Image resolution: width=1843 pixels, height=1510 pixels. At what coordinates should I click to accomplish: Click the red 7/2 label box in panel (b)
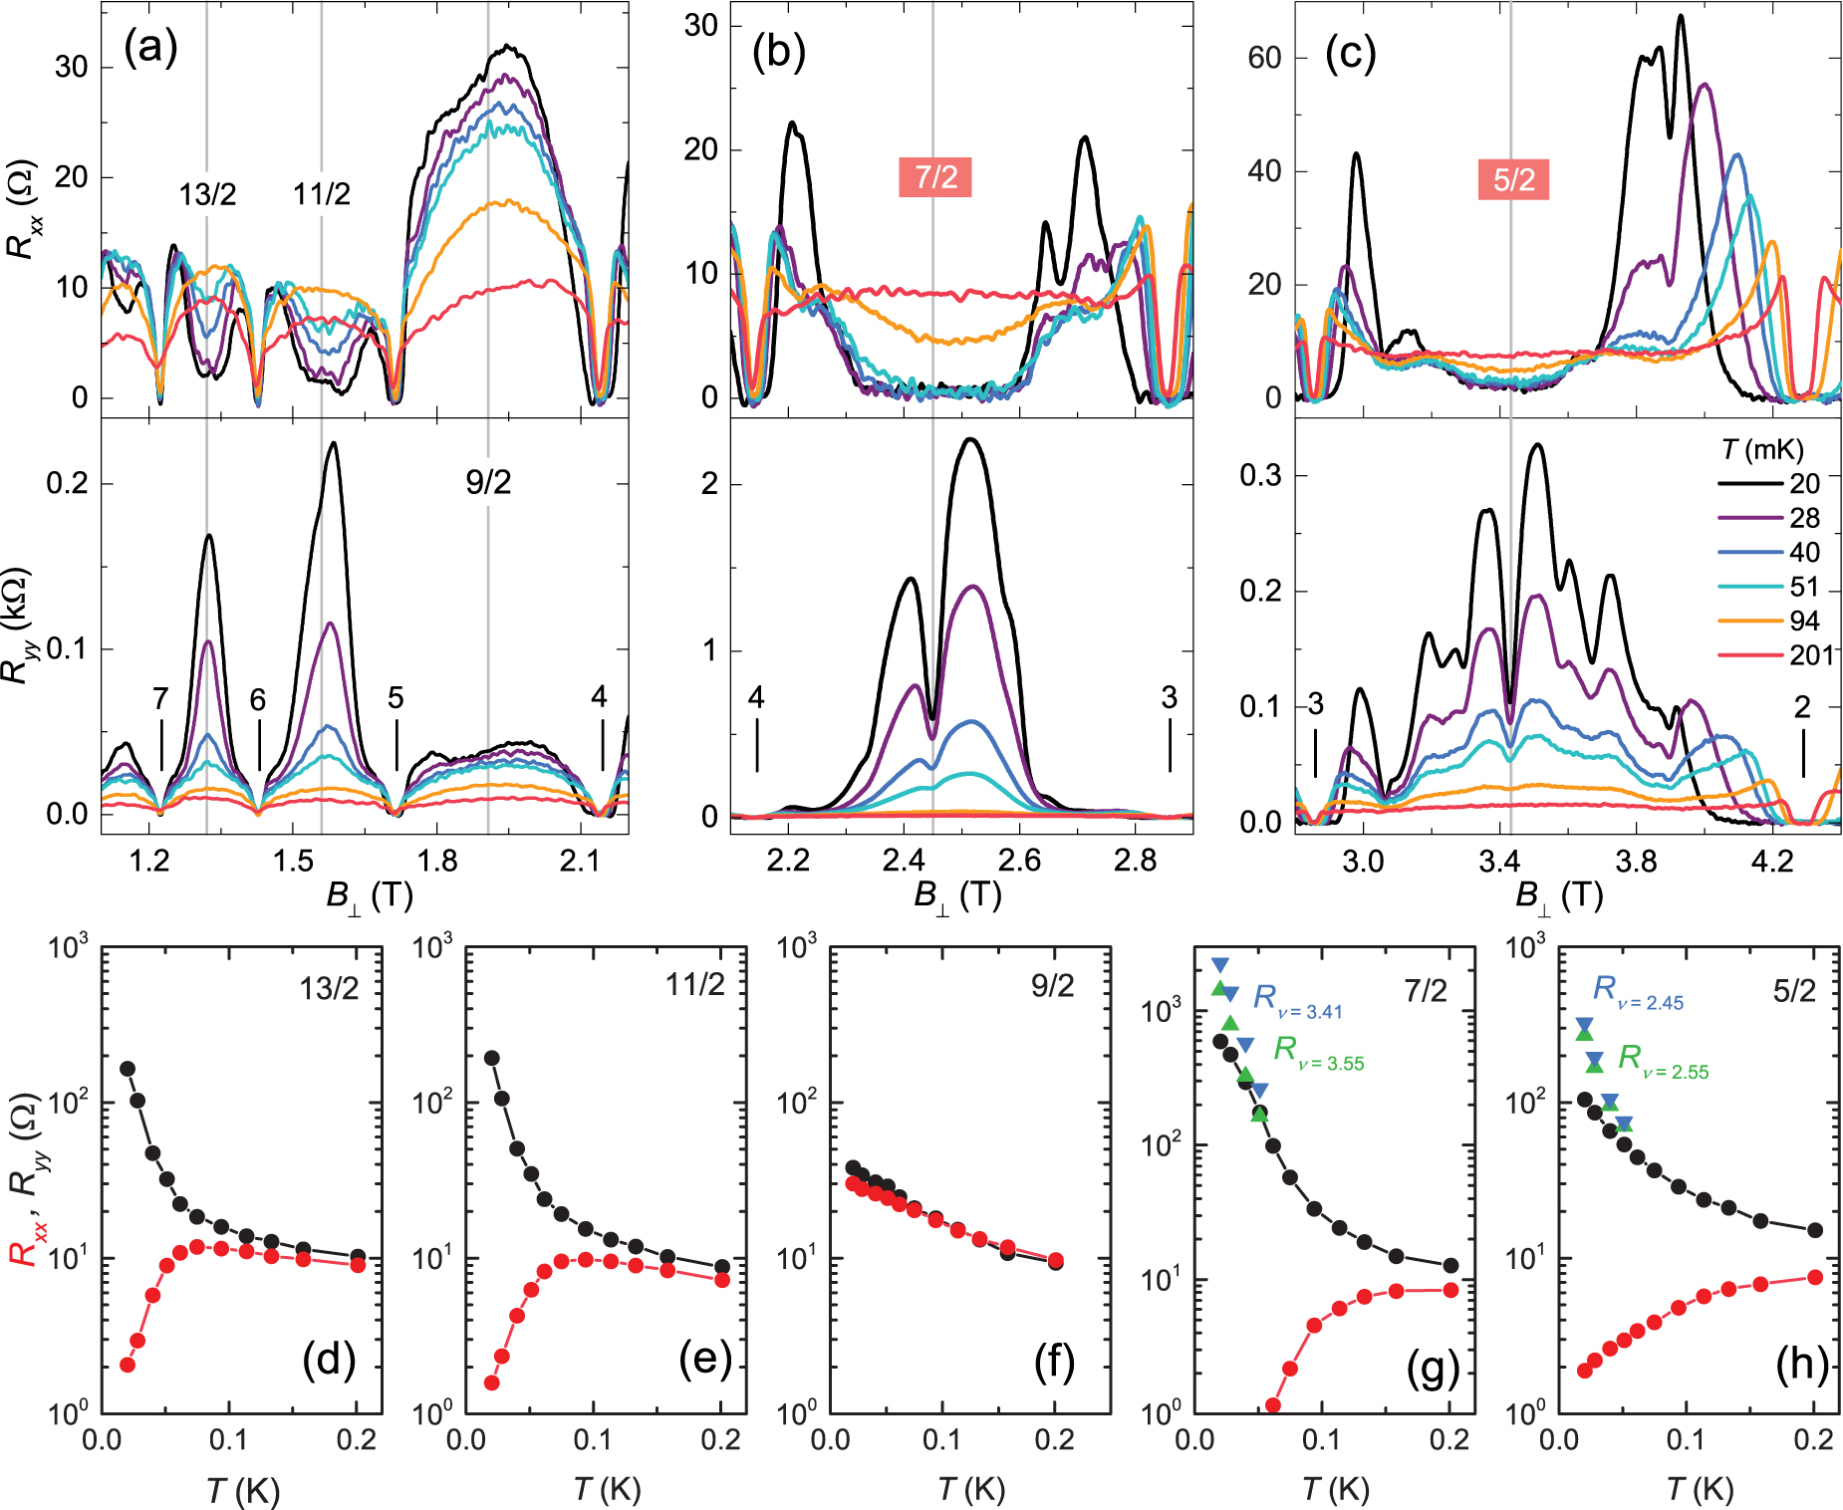(934, 176)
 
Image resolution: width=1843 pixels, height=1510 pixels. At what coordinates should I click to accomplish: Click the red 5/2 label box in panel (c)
(1513, 179)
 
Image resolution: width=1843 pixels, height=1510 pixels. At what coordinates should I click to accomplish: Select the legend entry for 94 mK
(1804, 621)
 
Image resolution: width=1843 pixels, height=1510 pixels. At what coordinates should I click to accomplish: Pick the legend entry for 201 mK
(1810, 654)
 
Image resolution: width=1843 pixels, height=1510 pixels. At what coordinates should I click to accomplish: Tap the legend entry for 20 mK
(1804, 483)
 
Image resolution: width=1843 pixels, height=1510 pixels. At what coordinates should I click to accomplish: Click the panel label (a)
(150, 47)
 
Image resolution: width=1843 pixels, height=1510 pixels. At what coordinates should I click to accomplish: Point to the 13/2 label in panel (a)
(207, 194)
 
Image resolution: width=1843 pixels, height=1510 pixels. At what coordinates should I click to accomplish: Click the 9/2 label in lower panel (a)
(488, 482)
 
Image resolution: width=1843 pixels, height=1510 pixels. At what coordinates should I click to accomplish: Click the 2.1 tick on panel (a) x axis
(580, 862)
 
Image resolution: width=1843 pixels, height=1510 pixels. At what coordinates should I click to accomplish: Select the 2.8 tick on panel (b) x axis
(1135, 862)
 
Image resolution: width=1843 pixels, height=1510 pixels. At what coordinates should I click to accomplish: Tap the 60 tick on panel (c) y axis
(1264, 58)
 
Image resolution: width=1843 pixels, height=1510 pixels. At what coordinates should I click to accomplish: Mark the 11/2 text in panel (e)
(695, 985)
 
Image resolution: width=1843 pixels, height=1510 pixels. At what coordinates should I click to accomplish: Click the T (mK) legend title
(1762, 450)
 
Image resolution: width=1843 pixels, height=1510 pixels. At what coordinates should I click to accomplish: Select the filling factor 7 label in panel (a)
(160, 699)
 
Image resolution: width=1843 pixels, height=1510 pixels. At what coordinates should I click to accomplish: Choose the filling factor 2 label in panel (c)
(1801, 707)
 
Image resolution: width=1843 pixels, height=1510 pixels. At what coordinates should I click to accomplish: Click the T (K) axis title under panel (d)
(242, 1491)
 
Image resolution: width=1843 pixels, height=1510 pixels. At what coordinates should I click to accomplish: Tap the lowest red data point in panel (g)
(1272, 1405)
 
